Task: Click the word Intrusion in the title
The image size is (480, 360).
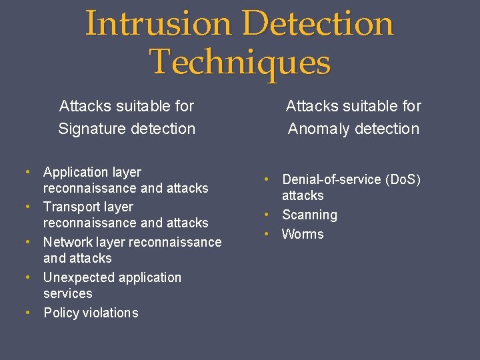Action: pos(159,24)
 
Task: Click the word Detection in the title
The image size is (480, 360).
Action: pos(318,24)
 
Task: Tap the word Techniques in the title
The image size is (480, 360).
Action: pos(240,62)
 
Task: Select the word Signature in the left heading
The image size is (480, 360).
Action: pos(89,129)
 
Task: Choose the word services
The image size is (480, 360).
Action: pos(67,293)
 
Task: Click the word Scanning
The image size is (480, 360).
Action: pos(309,215)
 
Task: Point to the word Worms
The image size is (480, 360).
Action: pos(303,234)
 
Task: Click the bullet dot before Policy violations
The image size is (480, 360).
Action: pos(27,312)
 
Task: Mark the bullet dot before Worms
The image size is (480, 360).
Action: pos(266,233)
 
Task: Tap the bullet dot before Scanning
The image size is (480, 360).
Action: pos(266,214)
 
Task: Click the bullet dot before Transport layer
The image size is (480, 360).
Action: pos(27,206)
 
